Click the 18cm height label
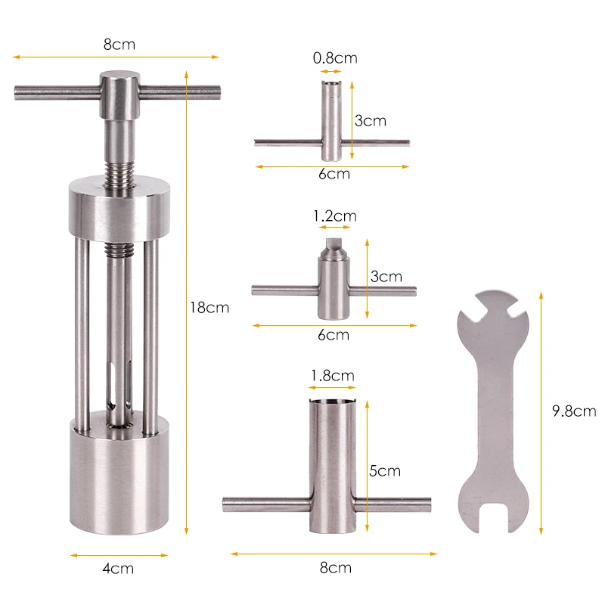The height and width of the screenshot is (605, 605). click(209, 308)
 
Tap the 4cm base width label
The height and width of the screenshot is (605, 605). click(118, 569)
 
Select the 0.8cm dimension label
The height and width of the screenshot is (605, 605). click(335, 58)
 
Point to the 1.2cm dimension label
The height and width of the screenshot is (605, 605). click(335, 216)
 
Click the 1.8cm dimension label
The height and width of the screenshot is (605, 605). click(333, 375)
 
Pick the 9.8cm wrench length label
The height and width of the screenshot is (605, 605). click(574, 411)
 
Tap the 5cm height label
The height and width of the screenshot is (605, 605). click(385, 470)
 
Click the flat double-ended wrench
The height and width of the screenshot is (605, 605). click(494, 411)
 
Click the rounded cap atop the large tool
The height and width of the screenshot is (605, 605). click(119, 95)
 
